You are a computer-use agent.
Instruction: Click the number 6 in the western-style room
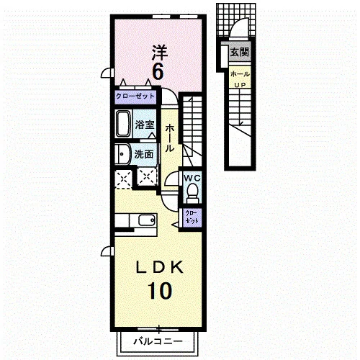[158, 72]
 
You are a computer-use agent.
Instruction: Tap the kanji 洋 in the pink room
[160, 53]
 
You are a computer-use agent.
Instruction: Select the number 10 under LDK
[160, 291]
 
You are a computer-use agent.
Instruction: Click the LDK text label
[160, 267]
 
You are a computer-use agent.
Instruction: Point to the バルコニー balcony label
[158, 341]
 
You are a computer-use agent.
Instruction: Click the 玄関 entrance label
[240, 52]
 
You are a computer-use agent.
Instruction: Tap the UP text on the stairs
[240, 85]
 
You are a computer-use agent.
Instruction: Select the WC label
[192, 178]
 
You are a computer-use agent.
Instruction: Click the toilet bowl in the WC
[192, 191]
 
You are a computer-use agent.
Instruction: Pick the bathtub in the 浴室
[124, 124]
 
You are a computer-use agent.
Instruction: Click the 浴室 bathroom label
[145, 125]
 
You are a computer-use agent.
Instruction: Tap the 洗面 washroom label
[144, 154]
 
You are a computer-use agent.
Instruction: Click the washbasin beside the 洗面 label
[122, 154]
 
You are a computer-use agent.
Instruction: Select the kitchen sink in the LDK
[146, 220]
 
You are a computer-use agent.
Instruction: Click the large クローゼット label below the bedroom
[135, 96]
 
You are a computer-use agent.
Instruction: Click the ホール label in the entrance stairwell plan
[240, 74]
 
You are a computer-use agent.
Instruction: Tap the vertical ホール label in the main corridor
[170, 138]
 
